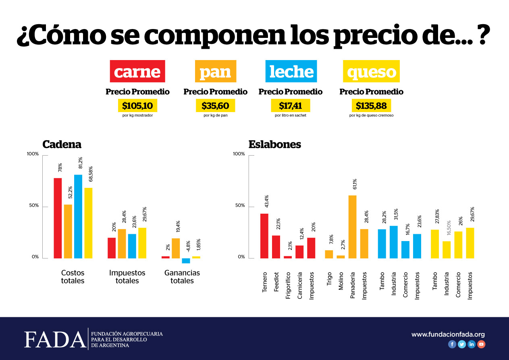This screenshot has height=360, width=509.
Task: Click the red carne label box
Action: point(137,71)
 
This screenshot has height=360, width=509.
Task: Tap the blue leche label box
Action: point(291,71)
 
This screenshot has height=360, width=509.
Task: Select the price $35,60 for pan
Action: point(215,106)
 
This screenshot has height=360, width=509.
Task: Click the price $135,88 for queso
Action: point(371,106)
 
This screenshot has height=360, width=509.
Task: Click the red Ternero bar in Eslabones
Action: point(264,236)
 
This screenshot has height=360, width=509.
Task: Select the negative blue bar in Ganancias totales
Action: point(186,260)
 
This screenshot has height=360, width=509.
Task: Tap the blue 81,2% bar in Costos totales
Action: point(78,216)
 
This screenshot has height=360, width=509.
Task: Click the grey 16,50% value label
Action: point(447,230)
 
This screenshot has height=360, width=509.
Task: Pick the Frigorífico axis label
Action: point(288,285)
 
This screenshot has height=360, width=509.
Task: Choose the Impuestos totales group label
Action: point(127,277)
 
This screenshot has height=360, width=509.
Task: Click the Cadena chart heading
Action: point(62,144)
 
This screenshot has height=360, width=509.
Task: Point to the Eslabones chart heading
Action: point(274,144)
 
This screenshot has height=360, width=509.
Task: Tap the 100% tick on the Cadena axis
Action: point(33,154)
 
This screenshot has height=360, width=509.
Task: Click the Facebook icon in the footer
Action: point(452,344)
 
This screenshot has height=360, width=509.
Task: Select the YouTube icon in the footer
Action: point(481,344)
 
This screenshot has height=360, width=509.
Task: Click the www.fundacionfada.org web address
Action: point(448,334)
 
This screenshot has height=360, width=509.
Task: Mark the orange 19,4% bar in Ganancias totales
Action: point(176,248)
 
